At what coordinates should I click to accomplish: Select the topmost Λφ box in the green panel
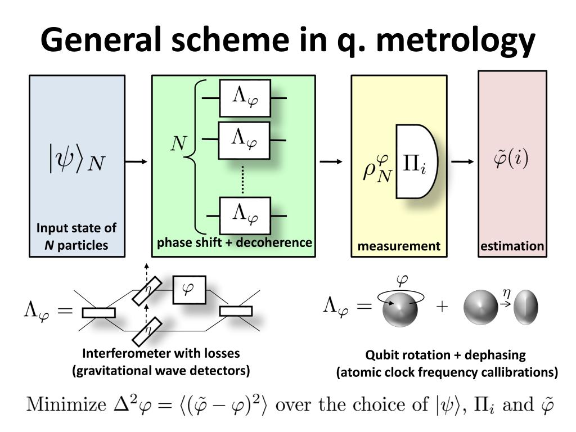245,98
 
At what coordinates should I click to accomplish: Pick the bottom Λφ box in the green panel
245,215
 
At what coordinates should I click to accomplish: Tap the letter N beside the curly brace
178,145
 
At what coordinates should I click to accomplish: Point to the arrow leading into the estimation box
463,162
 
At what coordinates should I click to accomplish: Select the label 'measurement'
399,246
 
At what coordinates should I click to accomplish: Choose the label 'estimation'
512,246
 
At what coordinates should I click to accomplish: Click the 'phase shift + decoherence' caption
235,242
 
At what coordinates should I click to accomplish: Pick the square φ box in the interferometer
189,290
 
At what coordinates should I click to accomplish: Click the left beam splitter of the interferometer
99,312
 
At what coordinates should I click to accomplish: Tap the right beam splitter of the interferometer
236,311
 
